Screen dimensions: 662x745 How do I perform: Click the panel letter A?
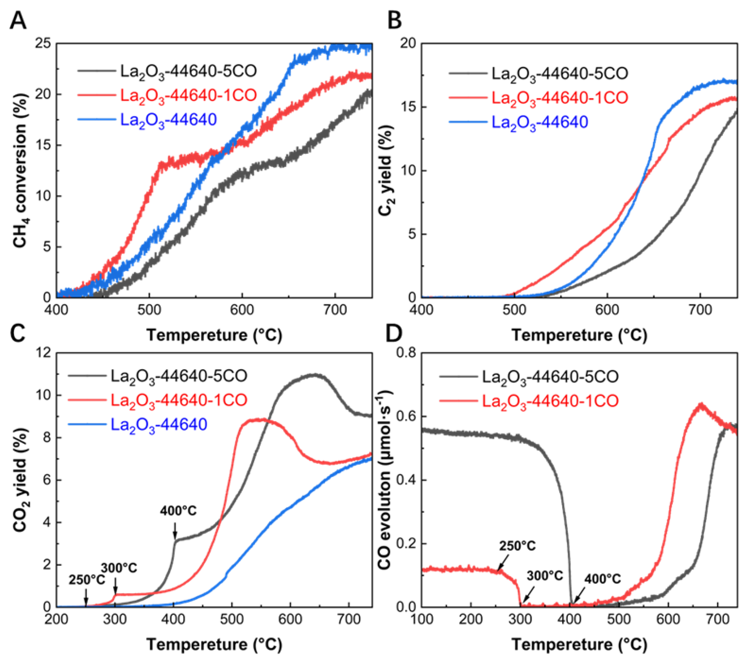point(18,21)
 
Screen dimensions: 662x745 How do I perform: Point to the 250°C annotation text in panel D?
point(517,546)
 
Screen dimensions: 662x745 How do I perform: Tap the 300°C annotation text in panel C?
point(119,568)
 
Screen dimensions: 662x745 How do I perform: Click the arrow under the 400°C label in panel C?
point(175,531)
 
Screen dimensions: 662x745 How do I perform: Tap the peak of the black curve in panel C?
point(313,374)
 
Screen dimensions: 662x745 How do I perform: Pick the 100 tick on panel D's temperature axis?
point(422,619)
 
